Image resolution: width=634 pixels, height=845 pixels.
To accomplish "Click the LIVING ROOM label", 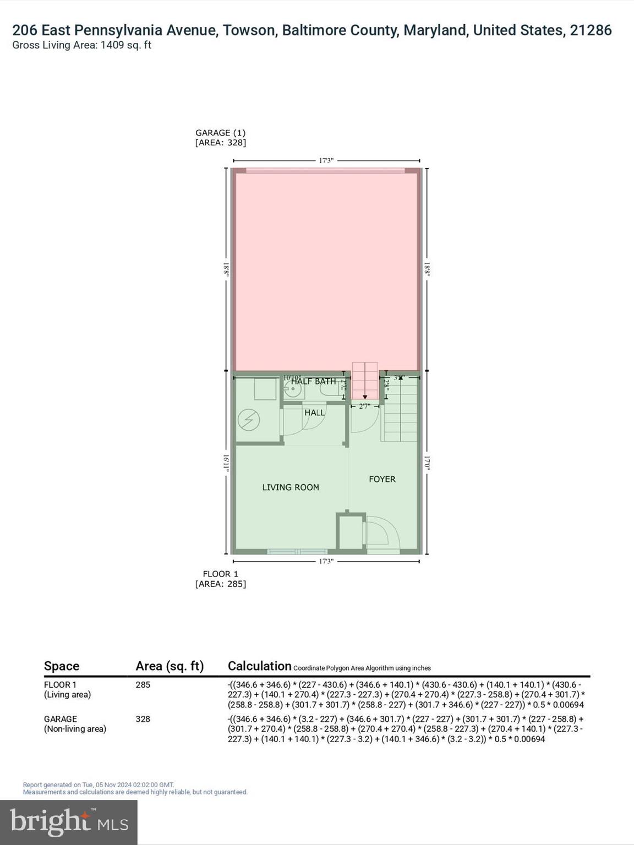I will click(290, 487).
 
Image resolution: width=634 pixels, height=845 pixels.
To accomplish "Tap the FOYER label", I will click(382, 479).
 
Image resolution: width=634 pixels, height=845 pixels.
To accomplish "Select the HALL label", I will click(315, 413).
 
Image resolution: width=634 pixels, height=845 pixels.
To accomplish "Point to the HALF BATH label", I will click(313, 381).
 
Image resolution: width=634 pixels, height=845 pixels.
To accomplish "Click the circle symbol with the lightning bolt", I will click(248, 420).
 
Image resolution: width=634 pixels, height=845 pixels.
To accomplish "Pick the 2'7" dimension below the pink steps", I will click(365, 406).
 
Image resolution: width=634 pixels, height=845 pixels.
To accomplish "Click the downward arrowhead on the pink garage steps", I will click(365, 397).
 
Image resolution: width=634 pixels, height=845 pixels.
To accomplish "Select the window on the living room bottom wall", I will click(297, 551).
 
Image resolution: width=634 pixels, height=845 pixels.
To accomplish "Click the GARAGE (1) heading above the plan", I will click(220, 133).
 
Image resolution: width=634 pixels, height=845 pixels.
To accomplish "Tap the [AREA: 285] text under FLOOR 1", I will click(220, 584).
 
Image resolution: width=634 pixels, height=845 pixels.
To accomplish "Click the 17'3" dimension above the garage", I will click(326, 161).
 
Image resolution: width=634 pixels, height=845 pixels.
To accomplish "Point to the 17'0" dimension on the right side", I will click(427, 462).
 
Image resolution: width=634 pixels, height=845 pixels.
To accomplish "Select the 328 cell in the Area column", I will click(143, 719).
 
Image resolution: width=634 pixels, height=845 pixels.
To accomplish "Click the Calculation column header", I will click(259, 666).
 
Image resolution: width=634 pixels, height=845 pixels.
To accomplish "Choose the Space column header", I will click(62, 666).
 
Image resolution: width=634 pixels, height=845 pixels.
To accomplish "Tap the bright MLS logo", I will click(69, 822).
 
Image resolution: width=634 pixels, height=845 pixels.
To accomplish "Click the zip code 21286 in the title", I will click(591, 30).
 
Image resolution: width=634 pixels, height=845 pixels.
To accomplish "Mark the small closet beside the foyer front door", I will click(351, 532).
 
